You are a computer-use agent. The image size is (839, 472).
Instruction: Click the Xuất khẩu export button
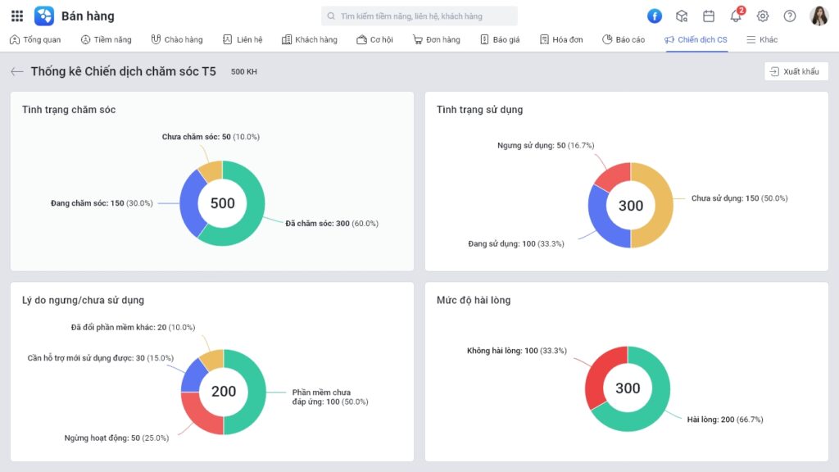[x=796, y=71]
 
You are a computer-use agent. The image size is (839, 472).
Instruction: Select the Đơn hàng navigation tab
[x=437, y=39]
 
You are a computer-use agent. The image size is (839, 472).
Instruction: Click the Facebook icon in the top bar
[x=655, y=16]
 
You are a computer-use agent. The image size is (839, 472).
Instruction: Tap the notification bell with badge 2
[x=736, y=16]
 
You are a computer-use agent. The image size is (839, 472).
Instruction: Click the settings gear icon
[x=763, y=16]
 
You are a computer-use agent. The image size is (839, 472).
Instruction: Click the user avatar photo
[x=819, y=16]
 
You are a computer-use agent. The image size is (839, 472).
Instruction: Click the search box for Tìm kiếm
[x=419, y=16]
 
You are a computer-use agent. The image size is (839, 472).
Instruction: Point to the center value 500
[x=222, y=203]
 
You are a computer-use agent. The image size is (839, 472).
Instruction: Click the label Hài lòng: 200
[x=725, y=419]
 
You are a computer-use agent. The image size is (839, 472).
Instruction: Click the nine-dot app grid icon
[x=17, y=16]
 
